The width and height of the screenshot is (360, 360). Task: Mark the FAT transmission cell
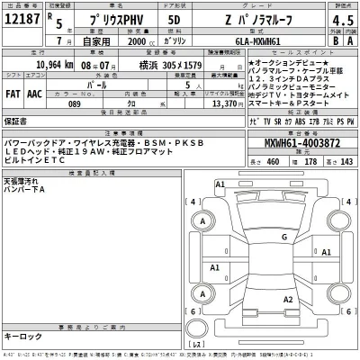15,93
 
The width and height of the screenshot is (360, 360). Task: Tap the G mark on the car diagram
283,237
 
